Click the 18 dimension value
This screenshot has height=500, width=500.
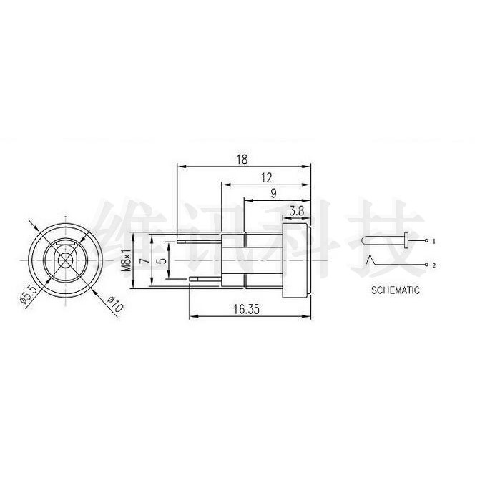pos(242,159)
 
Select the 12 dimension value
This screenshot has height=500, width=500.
pos(267,177)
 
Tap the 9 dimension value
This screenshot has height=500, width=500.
pos(273,194)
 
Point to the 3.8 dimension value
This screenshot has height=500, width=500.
pos(297,211)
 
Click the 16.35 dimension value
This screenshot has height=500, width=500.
pos(247,309)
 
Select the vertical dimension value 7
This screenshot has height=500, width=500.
pos(145,260)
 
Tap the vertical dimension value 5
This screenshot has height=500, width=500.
pos(162,260)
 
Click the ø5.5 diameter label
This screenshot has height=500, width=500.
pos(29,293)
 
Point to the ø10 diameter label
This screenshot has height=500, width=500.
pos(114,303)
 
